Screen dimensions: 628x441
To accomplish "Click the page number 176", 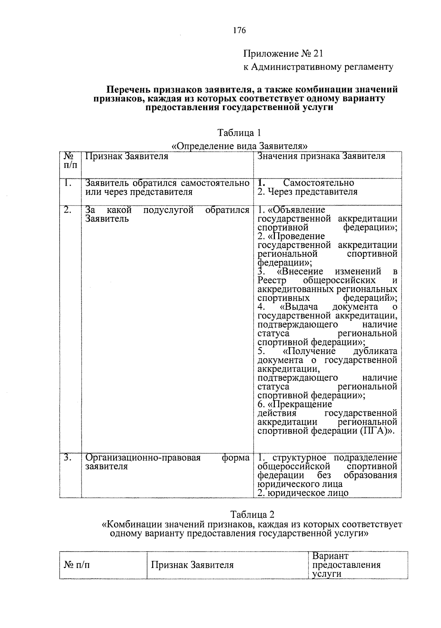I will tap(239, 31).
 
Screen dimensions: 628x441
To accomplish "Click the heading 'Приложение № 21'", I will tap(283, 54).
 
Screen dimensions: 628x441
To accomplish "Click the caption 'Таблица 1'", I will tap(239, 132).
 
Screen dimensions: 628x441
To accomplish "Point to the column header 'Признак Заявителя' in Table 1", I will tap(127, 156).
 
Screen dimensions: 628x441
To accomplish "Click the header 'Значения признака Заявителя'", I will tap(321, 156).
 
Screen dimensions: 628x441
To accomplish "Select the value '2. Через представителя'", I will tap(307, 192).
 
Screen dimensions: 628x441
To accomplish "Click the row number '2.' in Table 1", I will tap(68, 210).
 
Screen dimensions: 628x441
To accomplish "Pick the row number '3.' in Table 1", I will tap(68, 458).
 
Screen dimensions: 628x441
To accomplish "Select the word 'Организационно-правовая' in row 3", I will tap(143, 458).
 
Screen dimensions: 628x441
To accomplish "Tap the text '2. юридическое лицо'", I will tap(303, 493).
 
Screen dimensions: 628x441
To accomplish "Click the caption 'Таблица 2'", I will tap(252, 514).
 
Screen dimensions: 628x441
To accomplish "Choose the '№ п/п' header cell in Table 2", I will tap(77, 565).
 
